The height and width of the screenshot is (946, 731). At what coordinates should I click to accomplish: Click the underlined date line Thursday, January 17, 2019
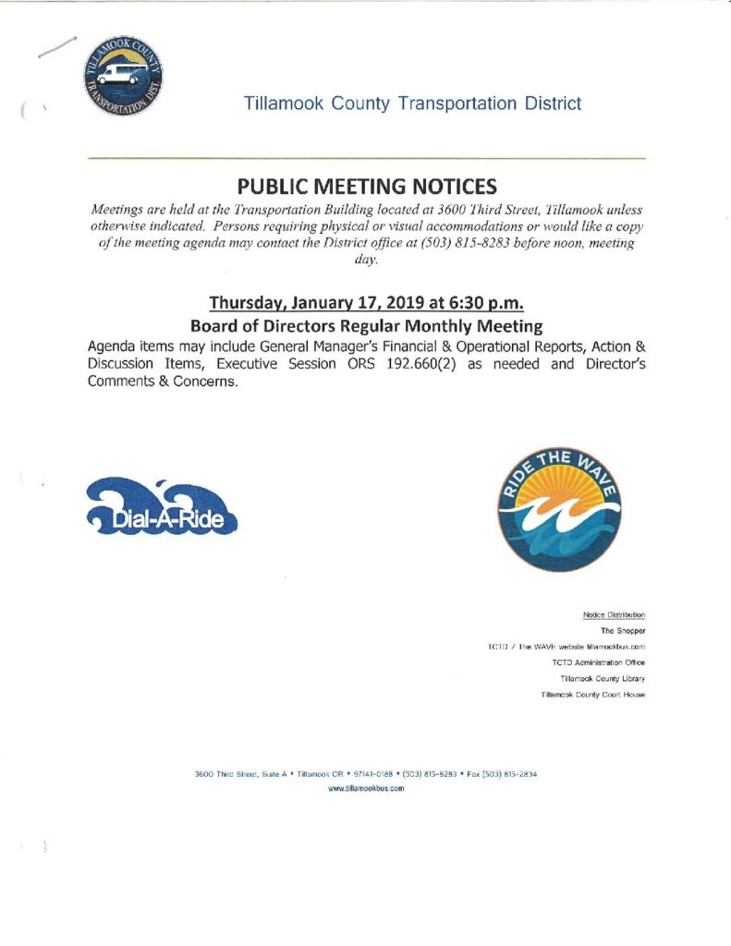click(x=366, y=303)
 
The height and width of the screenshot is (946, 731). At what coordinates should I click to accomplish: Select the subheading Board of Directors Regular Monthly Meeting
click(x=366, y=326)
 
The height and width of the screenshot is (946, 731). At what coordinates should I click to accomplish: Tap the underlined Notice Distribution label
click(x=614, y=614)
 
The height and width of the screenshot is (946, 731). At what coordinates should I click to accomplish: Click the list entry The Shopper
click(x=623, y=631)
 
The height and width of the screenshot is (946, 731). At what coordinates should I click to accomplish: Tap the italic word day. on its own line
click(x=366, y=261)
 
